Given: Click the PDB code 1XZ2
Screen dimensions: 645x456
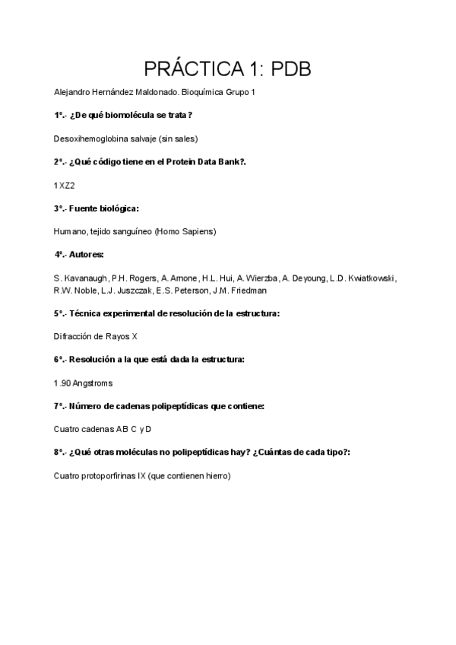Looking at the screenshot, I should [x=65, y=185].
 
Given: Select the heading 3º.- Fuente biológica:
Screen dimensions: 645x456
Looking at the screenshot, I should [x=96, y=208].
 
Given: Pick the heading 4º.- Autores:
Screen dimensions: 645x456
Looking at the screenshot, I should [x=79, y=254].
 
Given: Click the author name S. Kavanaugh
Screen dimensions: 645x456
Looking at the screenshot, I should [x=81, y=278].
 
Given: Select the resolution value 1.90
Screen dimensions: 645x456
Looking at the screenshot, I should [x=62, y=383].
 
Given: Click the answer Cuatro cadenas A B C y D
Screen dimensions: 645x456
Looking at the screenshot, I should [x=103, y=429].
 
